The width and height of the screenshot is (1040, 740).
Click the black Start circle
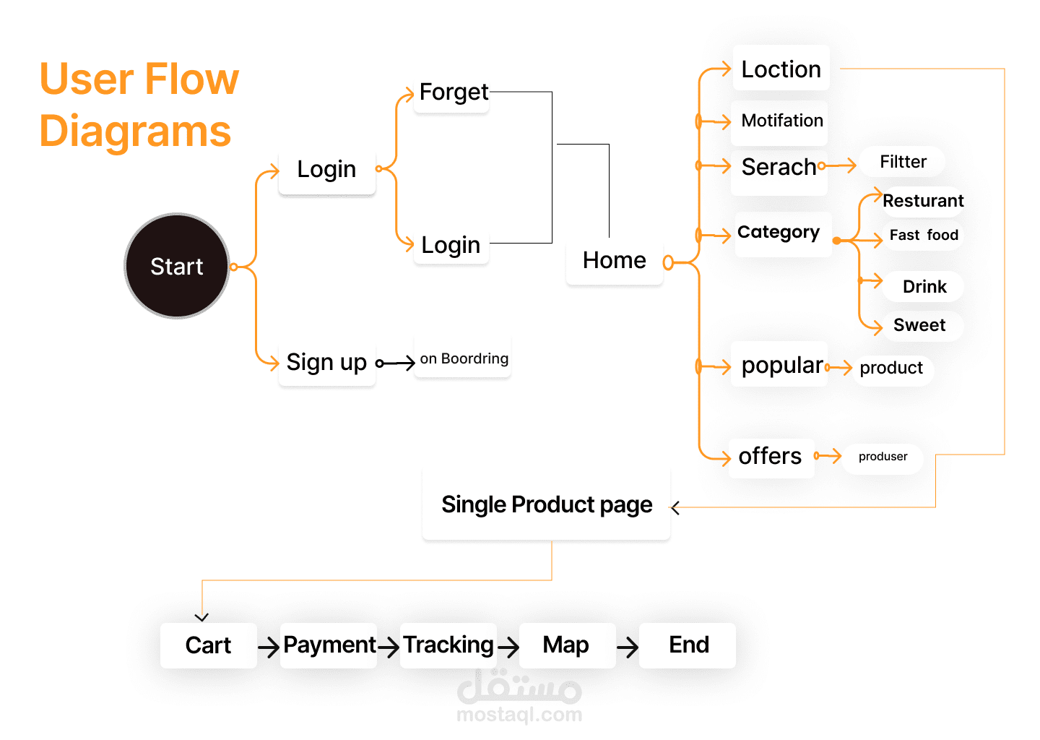pos(177,266)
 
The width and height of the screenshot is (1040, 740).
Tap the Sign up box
pos(326,362)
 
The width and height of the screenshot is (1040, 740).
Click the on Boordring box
pos(463,358)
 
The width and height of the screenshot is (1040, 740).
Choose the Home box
pos(614,260)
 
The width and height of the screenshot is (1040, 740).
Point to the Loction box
pos(781,69)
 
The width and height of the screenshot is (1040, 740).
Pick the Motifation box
pos(781,121)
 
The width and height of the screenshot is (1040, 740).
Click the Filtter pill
pos(903,162)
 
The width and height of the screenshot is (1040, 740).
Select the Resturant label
pos(922,201)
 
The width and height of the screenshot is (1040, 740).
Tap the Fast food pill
pos(923,235)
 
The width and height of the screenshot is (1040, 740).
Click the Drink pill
pos(924,287)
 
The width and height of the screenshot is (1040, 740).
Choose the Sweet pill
pos(919,325)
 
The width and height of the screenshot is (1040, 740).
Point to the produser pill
pos(883,457)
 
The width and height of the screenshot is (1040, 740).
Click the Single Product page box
pos(547,504)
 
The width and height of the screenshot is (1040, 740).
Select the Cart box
pos(208,645)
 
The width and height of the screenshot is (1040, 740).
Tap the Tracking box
pos(448,645)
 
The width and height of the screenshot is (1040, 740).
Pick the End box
pos(688,645)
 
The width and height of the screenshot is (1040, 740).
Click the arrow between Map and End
pos(628,647)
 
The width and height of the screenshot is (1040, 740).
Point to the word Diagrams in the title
pos(135,132)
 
